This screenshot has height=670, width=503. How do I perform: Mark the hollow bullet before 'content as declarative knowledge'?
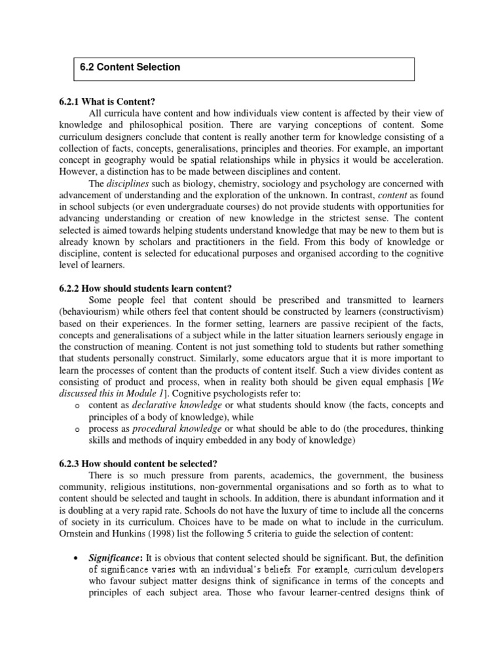(x=77, y=406)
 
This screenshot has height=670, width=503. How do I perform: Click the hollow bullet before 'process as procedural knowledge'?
(x=77, y=429)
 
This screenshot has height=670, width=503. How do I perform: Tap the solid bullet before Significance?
(x=77, y=557)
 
